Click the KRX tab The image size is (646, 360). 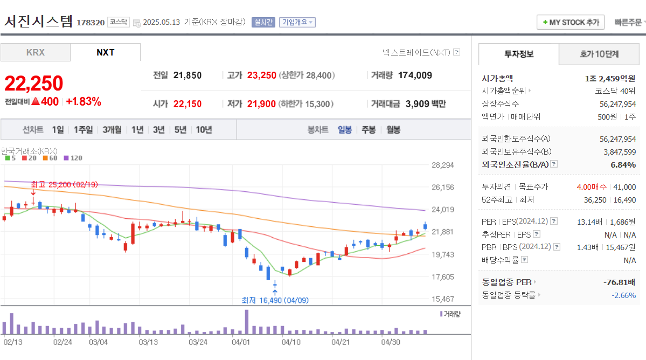tap(35, 52)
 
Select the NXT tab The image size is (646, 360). tap(105, 52)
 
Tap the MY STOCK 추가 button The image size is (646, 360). tap(571, 22)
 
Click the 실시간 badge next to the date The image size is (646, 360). tap(263, 22)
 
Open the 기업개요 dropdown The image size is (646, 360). tap(297, 22)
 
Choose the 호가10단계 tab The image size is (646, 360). tap(599, 54)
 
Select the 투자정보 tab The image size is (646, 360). tap(519, 54)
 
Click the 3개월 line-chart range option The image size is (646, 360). tap(112, 129)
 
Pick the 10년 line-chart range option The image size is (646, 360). tap(204, 129)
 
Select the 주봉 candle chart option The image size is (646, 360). tap(369, 129)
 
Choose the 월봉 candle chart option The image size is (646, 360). tap(393, 129)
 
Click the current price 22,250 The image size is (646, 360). tap(34, 83)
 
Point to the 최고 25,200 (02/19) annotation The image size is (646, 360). tap(64, 184)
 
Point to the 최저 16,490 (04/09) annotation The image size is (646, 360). tap(275, 300)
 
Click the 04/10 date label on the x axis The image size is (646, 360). tap(291, 342)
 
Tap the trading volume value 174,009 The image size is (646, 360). tap(415, 75)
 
